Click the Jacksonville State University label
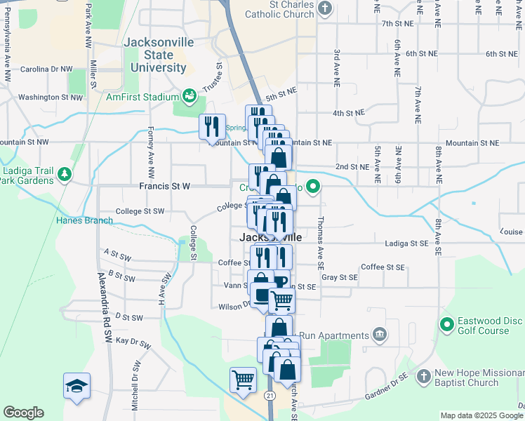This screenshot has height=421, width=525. [158, 55]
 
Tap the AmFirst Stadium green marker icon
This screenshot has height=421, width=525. [189, 95]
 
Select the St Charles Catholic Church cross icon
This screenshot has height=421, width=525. [324, 8]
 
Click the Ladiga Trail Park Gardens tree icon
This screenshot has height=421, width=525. [64, 173]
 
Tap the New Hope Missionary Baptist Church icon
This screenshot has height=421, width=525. [423, 377]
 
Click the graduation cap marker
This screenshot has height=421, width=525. [77, 386]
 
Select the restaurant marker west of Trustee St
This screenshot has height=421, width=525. [212, 127]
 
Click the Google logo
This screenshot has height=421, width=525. [23, 413]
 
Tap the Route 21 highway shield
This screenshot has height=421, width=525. [270, 396]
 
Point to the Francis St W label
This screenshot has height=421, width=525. [165, 187]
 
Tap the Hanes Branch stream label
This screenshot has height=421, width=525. [84, 220]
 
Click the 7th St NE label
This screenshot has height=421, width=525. [398, 23]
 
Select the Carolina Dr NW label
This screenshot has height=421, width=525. [46, 69]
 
